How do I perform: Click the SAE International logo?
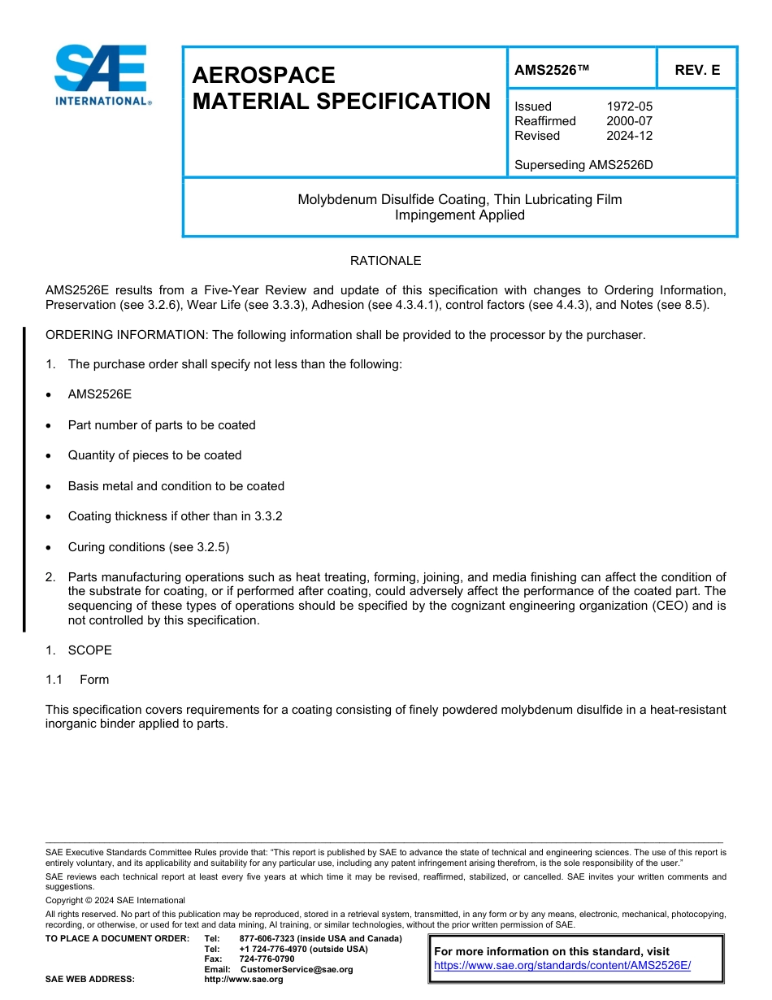102,75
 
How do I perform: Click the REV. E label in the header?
697,70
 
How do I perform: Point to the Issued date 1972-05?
629,107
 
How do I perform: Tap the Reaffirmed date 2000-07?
629,121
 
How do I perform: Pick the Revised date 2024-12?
629,136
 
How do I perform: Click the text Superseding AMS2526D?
583,165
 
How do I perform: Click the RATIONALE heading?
385,261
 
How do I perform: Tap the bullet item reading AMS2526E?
100,394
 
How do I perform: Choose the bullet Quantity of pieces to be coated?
154,455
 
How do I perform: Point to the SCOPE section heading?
89,650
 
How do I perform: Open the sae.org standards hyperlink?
562,965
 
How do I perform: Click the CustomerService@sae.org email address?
297,969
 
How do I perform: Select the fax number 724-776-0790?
267,959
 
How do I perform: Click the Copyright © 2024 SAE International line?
115,900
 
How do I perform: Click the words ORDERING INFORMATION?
125,335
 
